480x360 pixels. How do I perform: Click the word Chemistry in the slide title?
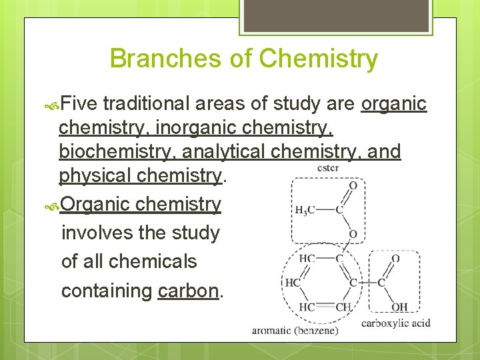318,59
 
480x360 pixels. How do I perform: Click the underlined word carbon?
189,291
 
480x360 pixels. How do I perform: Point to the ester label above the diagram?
327,167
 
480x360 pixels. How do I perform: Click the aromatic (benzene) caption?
295,330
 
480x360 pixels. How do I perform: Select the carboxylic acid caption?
395,323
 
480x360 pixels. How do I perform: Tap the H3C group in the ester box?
305,211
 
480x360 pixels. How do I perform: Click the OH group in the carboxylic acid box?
400,307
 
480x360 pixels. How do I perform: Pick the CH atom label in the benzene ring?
343,307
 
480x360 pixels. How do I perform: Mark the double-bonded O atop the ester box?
353,185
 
